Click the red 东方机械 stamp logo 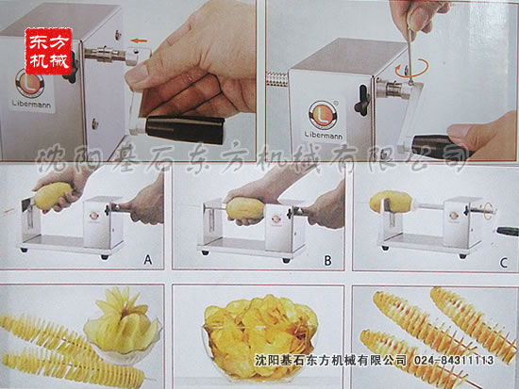click(x=48, y=51)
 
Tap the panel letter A click(x=147, y=260)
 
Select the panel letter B click(x=327, y=261)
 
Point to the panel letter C click(x=504, y=263)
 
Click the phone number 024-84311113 click(x=454, y=360)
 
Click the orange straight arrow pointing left click(x=139, y=41)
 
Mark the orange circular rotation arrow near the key click(x=411, y=68)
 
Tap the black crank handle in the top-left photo click(x=185, y=129)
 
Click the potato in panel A click(x=53, y=195)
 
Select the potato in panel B click(x=245, y=208)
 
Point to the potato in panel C click(x=392, y=202)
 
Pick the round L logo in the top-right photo click(x=323, y=114)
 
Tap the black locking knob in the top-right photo click(x=362, y=100)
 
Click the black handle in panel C click(x=507, y=231)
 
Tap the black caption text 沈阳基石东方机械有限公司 click(x=330, y=360)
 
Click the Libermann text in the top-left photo click(x=32, y=104)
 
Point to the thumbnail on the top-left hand click(x=137, y=73)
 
